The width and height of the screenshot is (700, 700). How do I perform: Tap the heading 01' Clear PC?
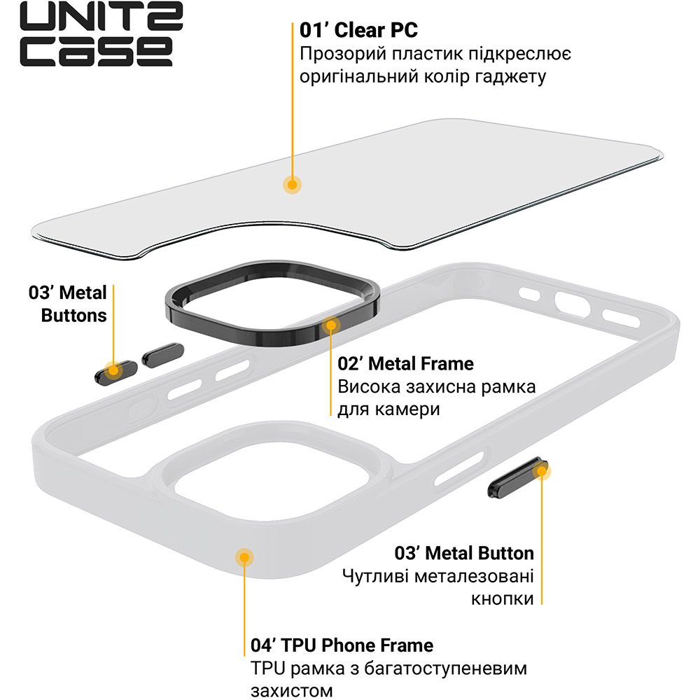(x=358, y=31)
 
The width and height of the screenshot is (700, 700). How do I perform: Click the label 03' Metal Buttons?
(x=68, y=303)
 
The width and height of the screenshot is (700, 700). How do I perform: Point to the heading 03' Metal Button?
(x=464, y=553)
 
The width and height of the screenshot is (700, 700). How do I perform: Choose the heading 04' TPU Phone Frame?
(x=342, y=645)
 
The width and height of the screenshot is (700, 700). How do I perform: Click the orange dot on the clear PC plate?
(x=292, y=184)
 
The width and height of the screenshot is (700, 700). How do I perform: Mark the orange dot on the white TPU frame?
(x=244, y=557)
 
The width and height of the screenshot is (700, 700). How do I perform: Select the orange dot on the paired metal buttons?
(x=111, y=370)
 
